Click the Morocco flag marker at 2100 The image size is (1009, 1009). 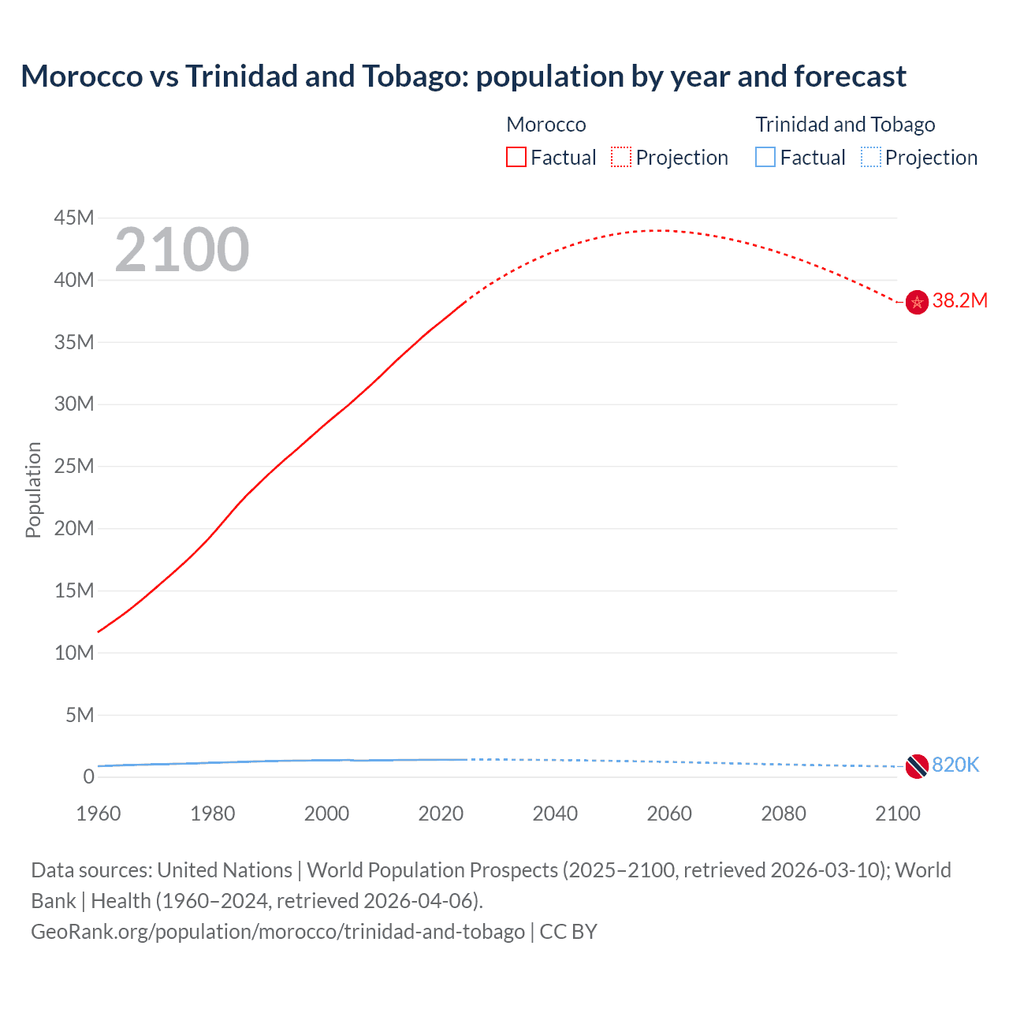pos(917,302)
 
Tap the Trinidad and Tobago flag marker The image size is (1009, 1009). pos(917,765)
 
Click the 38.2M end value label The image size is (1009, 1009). pos(959,300)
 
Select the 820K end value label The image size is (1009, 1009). pos(955,765)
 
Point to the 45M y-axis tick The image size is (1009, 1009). pos(74,218)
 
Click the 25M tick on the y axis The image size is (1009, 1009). pos(74,466)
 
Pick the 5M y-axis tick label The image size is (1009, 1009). pos(79,715)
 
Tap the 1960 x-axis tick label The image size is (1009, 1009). pos(99,814)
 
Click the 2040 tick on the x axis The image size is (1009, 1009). pos(555,814)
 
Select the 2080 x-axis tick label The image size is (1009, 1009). pos(784,814)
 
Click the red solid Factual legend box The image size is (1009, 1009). pos(516,157)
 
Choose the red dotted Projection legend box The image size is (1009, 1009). pos(621,157)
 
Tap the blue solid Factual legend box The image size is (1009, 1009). pos(765,157)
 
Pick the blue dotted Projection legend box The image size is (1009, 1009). pos(870,157)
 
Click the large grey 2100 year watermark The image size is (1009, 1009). pos(182,250)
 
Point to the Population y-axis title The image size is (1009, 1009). pos(33,490)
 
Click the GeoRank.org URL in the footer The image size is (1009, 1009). pos(277,931)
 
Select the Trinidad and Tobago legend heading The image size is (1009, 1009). pos(845,125)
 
